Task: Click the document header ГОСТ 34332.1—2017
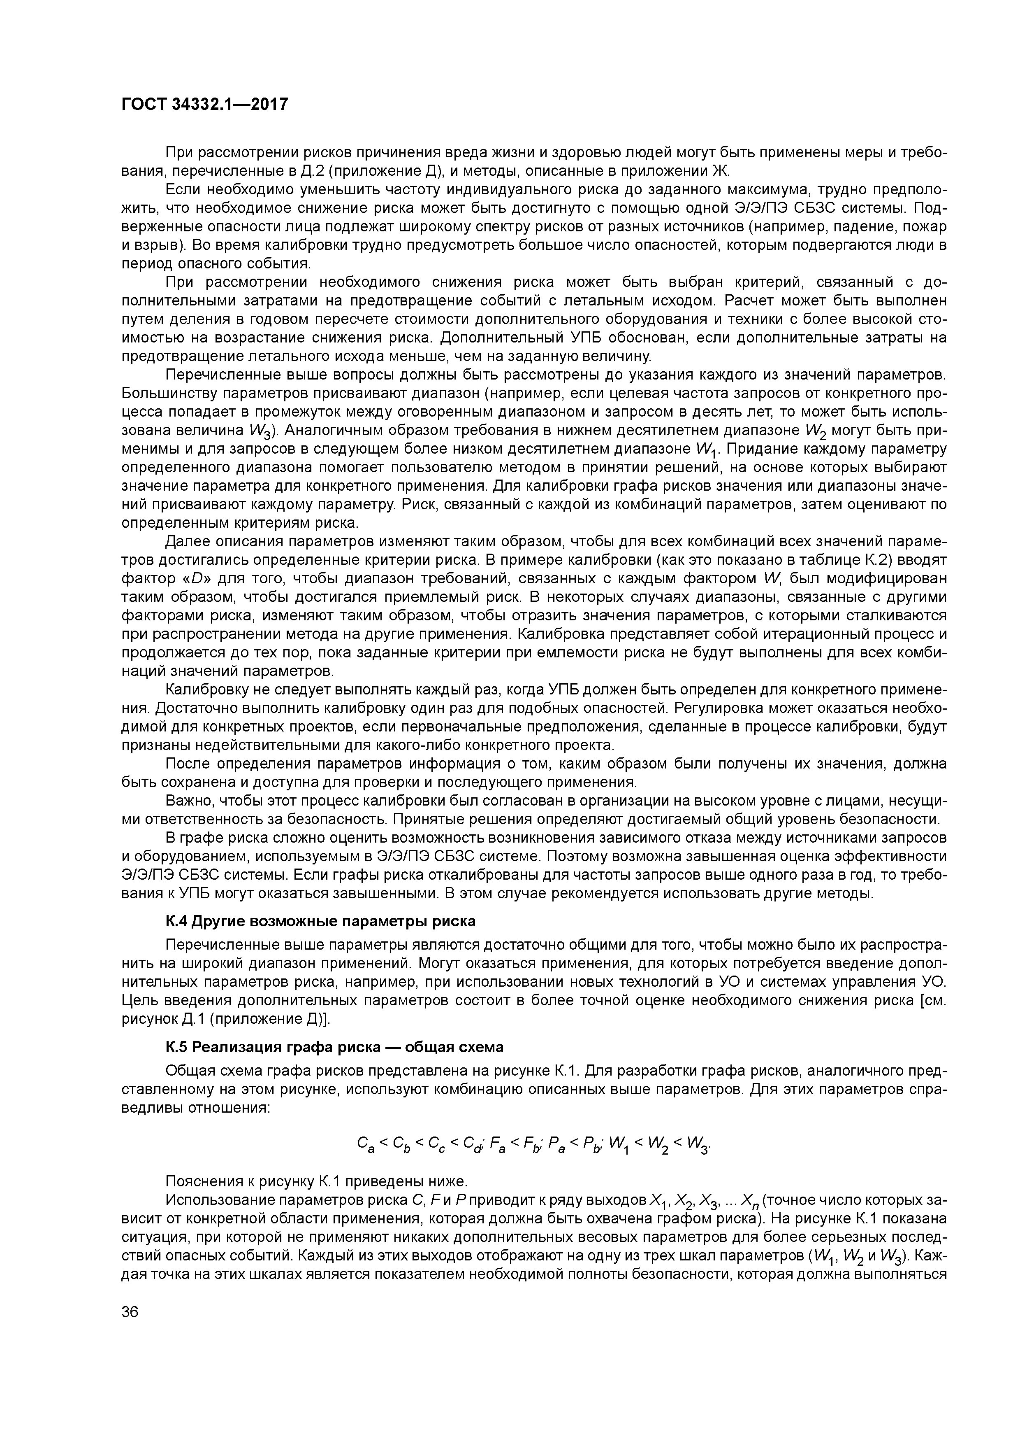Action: (204, 105)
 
